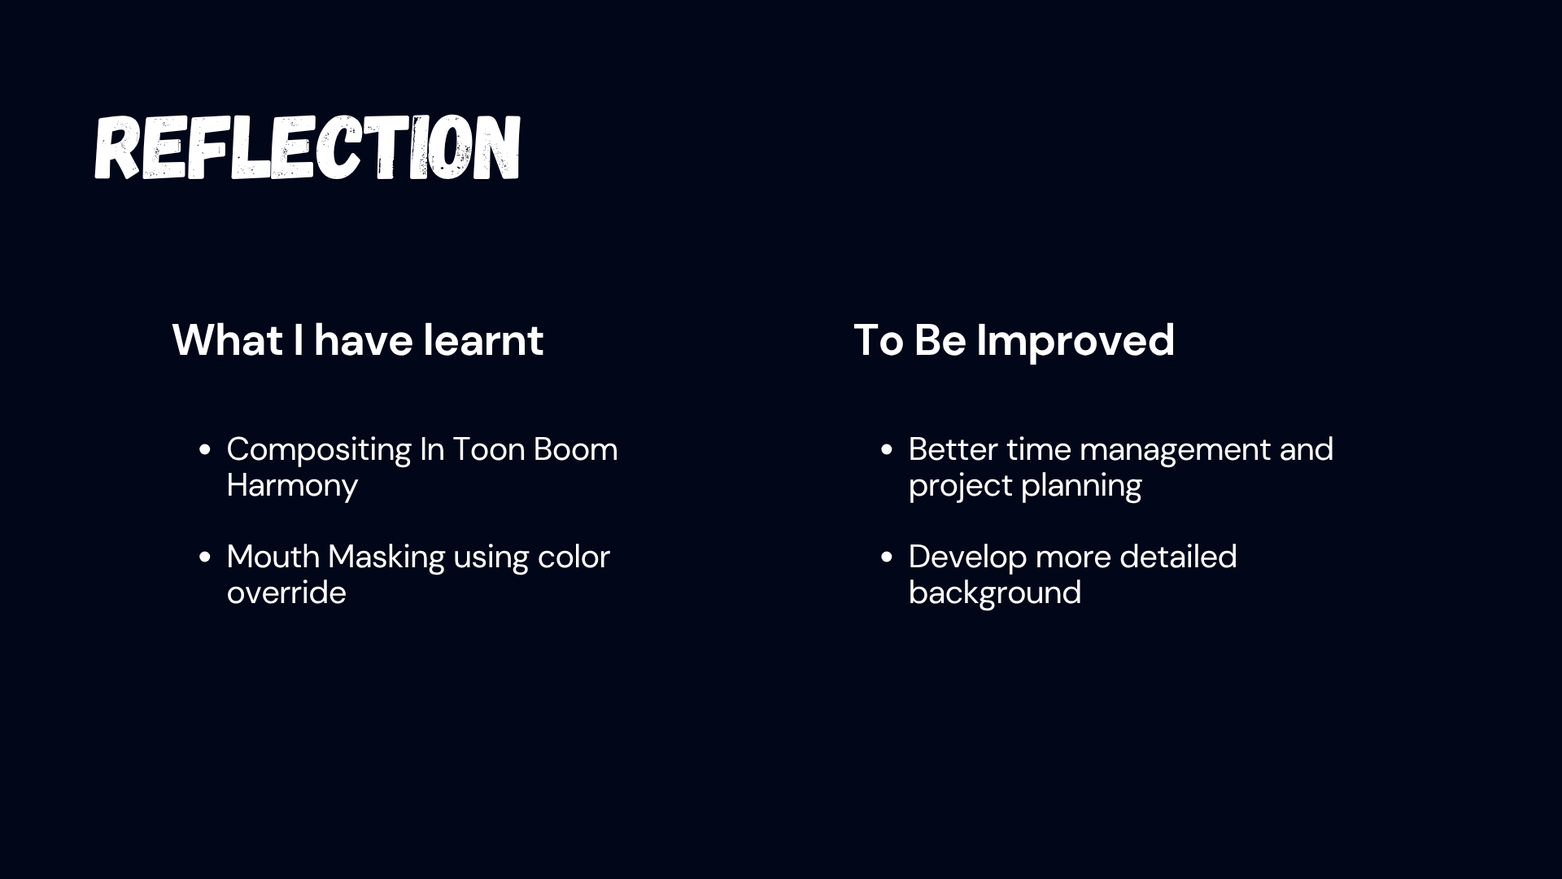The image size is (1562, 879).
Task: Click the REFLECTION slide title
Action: coord(308,147)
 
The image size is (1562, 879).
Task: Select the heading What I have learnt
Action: coord(357,339)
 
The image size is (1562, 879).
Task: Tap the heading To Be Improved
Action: coord(1014,341)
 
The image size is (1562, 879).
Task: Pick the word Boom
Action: coord(575,449)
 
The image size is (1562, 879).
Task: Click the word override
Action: coord(286,593)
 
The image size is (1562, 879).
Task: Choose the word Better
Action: coord(953,449)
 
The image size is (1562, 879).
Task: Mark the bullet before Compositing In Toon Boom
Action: coord(205,450)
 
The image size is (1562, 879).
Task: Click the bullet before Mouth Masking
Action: coord(205,558)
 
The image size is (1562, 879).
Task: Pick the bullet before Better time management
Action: coord(887,450)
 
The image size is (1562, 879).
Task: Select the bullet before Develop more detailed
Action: coord(887,558)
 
